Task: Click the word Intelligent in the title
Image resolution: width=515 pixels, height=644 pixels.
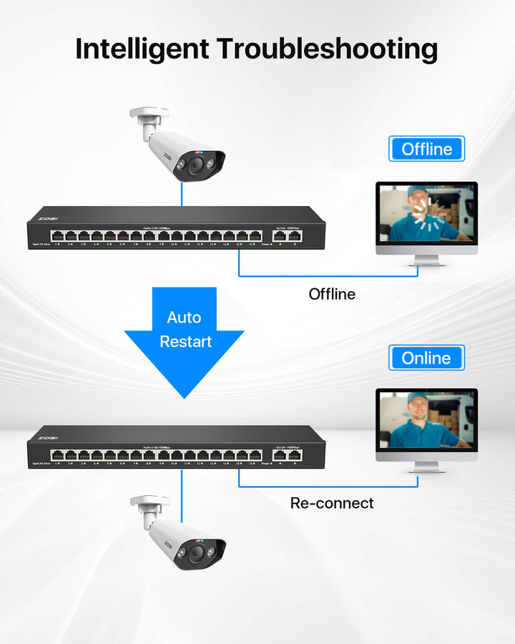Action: click(142, 49)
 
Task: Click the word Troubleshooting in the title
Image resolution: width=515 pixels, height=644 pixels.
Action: click(327, 49)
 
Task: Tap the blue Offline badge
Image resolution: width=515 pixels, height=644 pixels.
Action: click(427, 149)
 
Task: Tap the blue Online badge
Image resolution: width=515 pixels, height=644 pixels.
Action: click(426, 358)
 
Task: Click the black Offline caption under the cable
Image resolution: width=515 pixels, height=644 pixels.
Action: click(332, 293)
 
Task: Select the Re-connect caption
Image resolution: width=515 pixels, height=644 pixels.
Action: click(332, 503)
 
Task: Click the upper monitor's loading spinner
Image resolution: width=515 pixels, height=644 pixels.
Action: click(431, 215)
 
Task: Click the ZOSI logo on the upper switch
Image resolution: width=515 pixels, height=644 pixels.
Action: click(48, 218)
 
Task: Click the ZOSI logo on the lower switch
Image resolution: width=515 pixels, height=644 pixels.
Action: click(48, 437)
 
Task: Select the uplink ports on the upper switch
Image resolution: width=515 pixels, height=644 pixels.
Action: click(287, 235)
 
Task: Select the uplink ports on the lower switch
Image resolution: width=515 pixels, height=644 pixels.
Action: click(287, 454)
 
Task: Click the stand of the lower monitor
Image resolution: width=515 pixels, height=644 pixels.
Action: click(426, 467)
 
